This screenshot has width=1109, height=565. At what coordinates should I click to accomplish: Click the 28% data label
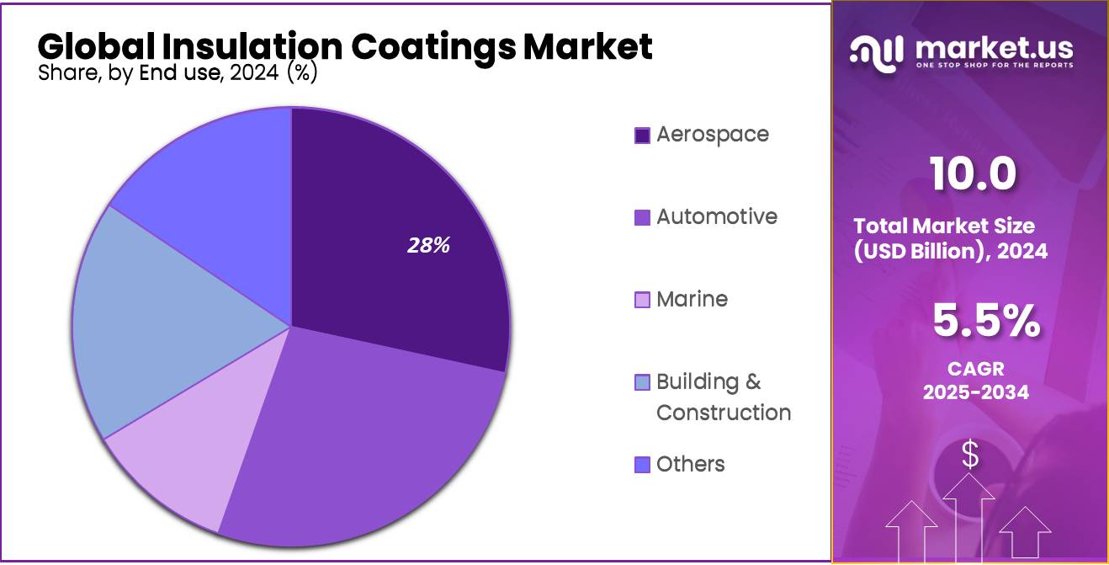(x=429, y=246)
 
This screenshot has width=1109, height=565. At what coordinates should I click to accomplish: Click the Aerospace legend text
(x=712, y=134)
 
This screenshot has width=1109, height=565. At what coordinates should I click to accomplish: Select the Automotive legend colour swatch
(x=642, y=217)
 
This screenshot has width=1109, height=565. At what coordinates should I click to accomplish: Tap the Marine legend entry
(x=691, y=299)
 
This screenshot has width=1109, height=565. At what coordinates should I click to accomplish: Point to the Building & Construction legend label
(x=722, y=397)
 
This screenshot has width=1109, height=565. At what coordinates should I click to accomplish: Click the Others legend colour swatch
(x=642, y=465)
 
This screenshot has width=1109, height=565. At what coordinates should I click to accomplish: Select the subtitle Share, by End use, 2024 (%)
(x=177, y=73)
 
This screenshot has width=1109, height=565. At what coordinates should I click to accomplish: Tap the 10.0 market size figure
(x=973, y=174)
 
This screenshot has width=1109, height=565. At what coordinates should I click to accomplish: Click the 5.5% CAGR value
(x=985, y=322)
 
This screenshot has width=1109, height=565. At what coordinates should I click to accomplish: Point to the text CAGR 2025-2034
(x=975, y=381)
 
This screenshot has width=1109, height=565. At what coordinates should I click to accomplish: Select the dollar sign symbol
(x=970, y=456)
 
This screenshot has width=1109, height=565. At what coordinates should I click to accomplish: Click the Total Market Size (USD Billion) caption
(x=950, y=238)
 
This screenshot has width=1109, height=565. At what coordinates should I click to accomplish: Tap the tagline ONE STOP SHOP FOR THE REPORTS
(x=994, y=66)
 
